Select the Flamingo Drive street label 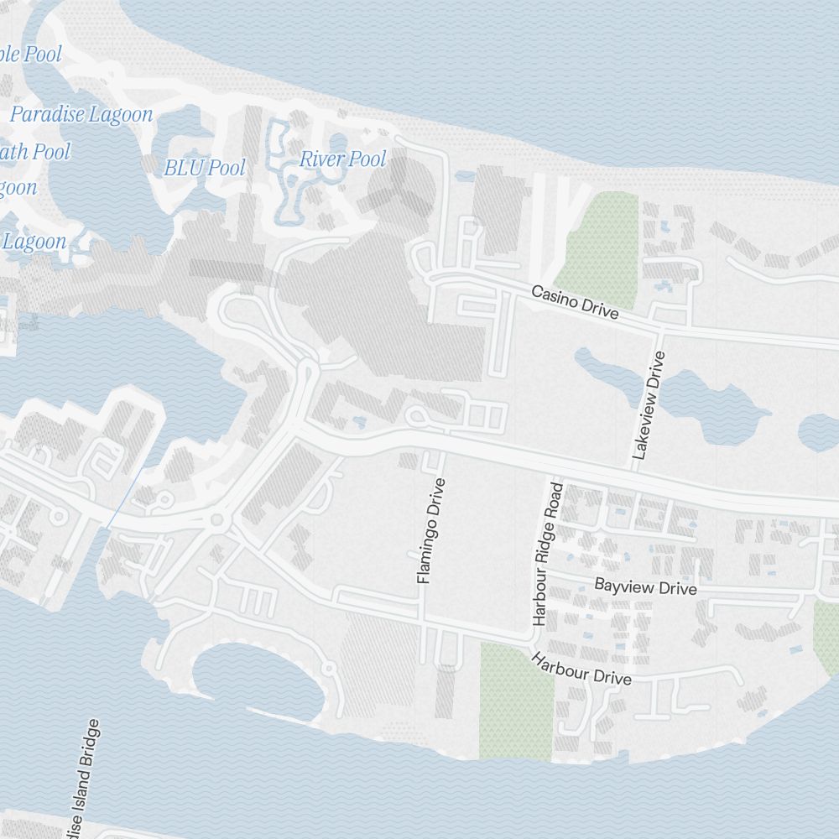[x=430, y=531]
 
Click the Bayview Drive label [x=645, y=586]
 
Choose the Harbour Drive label [x=581, y=669]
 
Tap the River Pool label [x=343, y=159]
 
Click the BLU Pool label [x=205, y=168]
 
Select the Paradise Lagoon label [x=81, y=115]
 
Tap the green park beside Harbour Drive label [x=515, y=701]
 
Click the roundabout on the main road [x=218, y=520]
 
